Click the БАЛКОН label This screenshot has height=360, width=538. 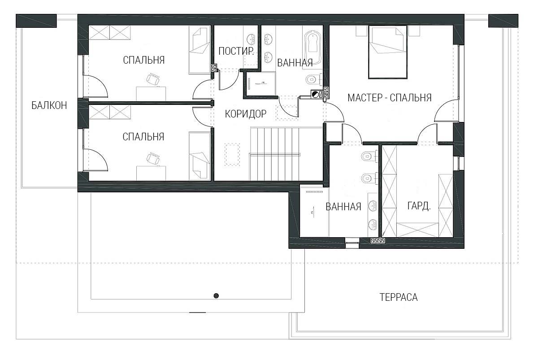tap(49, 105)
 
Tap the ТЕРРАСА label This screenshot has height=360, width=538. tap(399, 297)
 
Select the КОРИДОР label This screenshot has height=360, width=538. tap(246, 114)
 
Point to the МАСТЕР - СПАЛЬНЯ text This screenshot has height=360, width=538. tap(390, 98)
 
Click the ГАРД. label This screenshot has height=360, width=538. tap(419, 206)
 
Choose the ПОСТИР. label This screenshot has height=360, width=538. tap(236, 51)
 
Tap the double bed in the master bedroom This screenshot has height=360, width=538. tap(388, 52)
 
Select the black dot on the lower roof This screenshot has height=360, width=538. tap(216, 295)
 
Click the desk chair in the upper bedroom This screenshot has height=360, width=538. tap(153, 79)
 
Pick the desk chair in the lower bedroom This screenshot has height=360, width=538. tap(153, 159)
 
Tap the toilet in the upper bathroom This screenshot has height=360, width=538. tap(313, 79)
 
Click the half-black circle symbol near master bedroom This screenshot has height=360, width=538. tap(315, 95)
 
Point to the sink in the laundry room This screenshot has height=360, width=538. tap(251, 39)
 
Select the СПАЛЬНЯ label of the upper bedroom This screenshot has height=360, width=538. tap(144, 60)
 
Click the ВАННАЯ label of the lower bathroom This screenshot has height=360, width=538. tap(343, 207)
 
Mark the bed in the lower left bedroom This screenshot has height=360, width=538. tap(200, 156)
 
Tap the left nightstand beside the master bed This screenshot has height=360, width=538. tap(362, 31)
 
